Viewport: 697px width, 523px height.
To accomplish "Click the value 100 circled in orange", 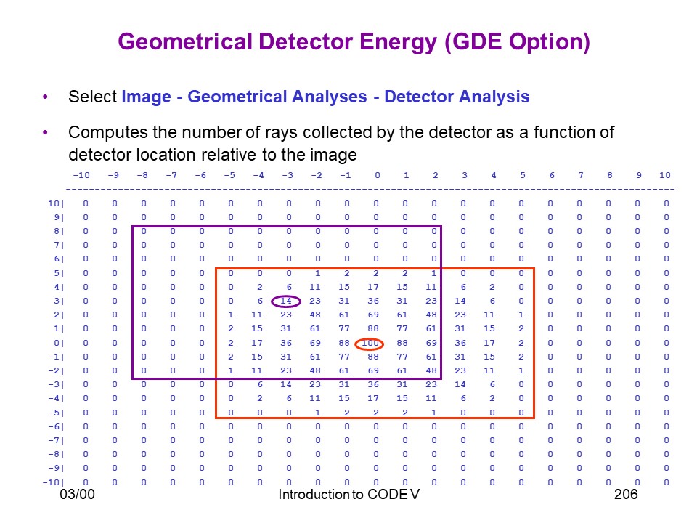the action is [370, 343].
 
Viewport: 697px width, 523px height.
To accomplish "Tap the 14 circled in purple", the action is [286, 301].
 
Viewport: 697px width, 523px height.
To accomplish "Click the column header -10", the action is [81, 175].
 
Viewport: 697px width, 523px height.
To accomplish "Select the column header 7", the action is [581, 175].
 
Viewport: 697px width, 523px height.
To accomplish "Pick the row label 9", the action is [59, 217].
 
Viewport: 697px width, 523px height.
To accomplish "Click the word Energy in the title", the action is [399, 42].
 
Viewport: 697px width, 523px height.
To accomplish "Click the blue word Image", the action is [146, 97].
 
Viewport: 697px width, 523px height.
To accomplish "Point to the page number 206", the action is [626, 494].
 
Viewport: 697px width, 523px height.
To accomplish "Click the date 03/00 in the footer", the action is [78, 494].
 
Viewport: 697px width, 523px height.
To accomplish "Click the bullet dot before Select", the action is [45, 97].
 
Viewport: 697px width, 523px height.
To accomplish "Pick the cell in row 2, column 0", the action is [373, 315].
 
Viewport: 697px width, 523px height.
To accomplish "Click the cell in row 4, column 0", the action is [373, 288].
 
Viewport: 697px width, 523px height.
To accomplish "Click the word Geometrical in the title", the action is [185, 42].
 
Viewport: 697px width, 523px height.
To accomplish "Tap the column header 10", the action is [665, 175].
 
